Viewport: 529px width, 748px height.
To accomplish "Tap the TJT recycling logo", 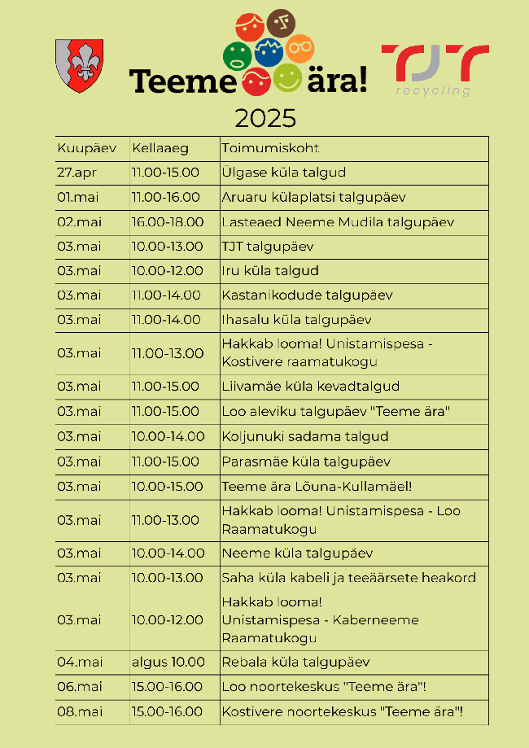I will point(435,69).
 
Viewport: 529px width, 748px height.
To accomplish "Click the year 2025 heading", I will point(265,120).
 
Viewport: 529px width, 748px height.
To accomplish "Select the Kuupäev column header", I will point(87,148).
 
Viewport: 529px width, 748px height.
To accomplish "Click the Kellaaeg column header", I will point(160,148).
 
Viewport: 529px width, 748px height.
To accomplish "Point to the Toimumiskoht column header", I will point(270,148).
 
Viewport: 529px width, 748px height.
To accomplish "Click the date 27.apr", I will point(78,173).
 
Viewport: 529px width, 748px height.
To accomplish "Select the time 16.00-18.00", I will point(168,222).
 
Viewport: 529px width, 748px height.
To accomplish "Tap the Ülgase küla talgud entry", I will point(284,173).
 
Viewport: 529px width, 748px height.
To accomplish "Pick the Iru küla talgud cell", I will point(270,271).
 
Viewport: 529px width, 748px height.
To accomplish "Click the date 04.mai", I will point(79,662).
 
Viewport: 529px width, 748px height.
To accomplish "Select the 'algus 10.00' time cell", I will point(168,662).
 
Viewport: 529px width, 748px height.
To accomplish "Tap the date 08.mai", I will point(80,712).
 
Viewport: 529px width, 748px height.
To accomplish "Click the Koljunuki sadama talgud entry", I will point(305,436).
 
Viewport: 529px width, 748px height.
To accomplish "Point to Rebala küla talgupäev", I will point(295,662).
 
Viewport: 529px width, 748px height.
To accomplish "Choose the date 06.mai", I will point(80,687).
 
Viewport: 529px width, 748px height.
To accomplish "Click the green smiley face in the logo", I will point(237,55).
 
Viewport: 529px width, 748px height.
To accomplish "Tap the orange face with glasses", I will point(299,47).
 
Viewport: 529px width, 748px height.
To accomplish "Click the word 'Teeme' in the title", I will point(177,81).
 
